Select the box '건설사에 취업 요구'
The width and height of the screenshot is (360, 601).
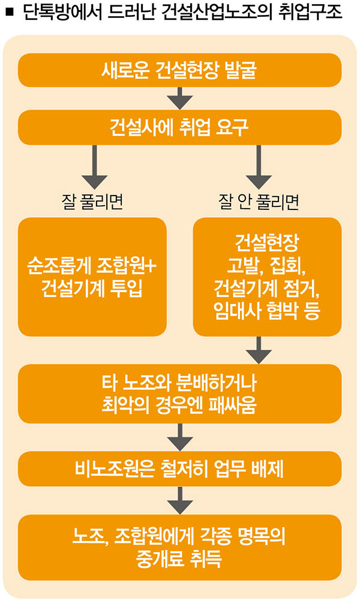[180, 127]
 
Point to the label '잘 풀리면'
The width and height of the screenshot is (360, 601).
[92, 202]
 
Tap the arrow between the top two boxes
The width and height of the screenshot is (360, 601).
[180, 98]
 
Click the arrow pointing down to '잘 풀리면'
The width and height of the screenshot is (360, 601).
[92, 167]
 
